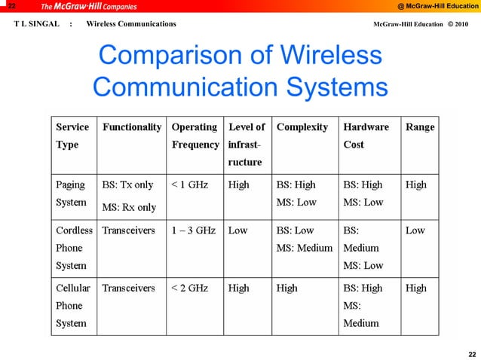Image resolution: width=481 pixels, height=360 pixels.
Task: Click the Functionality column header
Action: click(132, 127)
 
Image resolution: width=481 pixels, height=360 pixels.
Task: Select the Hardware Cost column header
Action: click(366, 136)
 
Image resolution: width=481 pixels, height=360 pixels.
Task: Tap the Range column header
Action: click(420, 127)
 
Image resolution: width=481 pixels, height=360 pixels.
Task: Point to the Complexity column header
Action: click(302, 127)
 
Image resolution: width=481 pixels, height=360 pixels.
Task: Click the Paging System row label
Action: click(70, 194)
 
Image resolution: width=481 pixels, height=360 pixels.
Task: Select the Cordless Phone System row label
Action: click(74, 248)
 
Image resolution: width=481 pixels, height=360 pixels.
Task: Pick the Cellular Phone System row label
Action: click(73, 305)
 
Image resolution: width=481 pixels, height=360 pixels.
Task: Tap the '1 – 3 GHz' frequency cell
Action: click(194, 230)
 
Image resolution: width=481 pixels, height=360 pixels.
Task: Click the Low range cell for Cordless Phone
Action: click(415, 230)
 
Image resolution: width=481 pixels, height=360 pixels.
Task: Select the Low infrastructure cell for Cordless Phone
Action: click(238, 230)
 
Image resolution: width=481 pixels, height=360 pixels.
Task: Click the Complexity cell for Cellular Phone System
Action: click(287, 288)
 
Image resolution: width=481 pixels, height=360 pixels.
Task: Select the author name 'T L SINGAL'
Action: click(36, 24)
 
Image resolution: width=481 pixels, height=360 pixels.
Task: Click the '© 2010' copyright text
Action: click(457, 24)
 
